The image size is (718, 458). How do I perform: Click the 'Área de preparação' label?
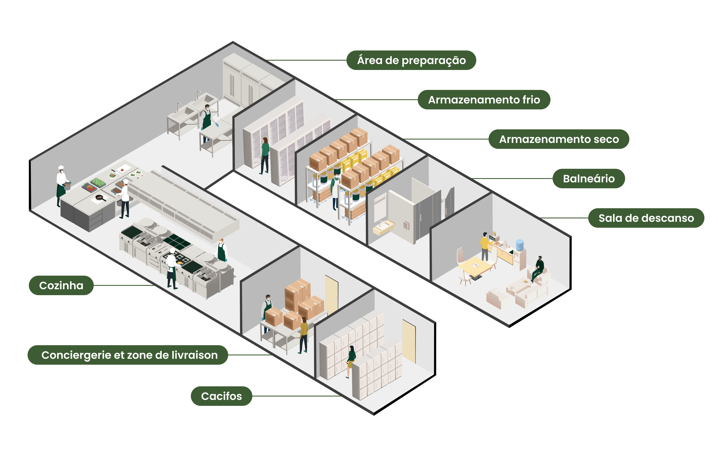(411, 60)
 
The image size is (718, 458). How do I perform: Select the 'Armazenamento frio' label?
(484, 100)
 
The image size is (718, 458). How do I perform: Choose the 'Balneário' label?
(589, 179)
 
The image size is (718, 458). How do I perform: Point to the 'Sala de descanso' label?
(646, 218)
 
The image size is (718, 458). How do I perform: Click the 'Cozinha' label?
(61, 285)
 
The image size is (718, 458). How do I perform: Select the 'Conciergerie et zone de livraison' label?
(128, 355)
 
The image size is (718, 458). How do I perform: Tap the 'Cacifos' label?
(222, 396)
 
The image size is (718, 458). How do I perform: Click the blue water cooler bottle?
(520, 245)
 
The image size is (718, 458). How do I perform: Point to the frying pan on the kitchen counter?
(100, 197)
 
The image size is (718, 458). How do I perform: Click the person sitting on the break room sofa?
(538, 269)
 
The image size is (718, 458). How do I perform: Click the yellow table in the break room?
(475, 267)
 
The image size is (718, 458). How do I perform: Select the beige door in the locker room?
(409, 341)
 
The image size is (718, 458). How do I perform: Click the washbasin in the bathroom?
(383, 227)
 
